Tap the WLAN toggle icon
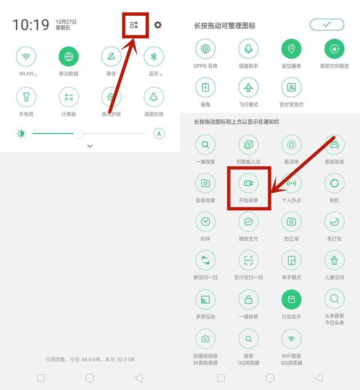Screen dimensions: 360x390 (26, 56)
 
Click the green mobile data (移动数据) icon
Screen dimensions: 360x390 (69, 56)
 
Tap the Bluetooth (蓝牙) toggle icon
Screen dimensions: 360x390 (154, 56)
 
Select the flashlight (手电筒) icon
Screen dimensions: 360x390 (26, 97)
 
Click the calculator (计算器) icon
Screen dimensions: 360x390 (69, 97)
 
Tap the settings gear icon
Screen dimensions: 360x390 (158, 25)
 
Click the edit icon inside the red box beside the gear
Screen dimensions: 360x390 (134, 25)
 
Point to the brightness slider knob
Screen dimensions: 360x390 (78, 133)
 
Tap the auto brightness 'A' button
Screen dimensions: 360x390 (159, 133)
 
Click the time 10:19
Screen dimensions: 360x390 (31, 25)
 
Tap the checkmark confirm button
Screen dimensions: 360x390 (327, 24)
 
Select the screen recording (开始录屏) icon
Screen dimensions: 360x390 (249, 183)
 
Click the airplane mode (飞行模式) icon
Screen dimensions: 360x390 (249, 87)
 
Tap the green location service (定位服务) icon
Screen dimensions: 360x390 (291, 49)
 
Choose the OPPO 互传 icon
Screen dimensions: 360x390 (205, 49)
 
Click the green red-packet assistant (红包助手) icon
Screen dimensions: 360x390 (291, 300)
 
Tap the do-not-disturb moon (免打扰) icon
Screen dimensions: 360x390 (334, 222)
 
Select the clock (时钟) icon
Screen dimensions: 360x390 (205, 222)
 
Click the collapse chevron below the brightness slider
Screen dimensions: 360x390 (90, 146)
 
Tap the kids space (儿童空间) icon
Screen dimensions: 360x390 (334, 261)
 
